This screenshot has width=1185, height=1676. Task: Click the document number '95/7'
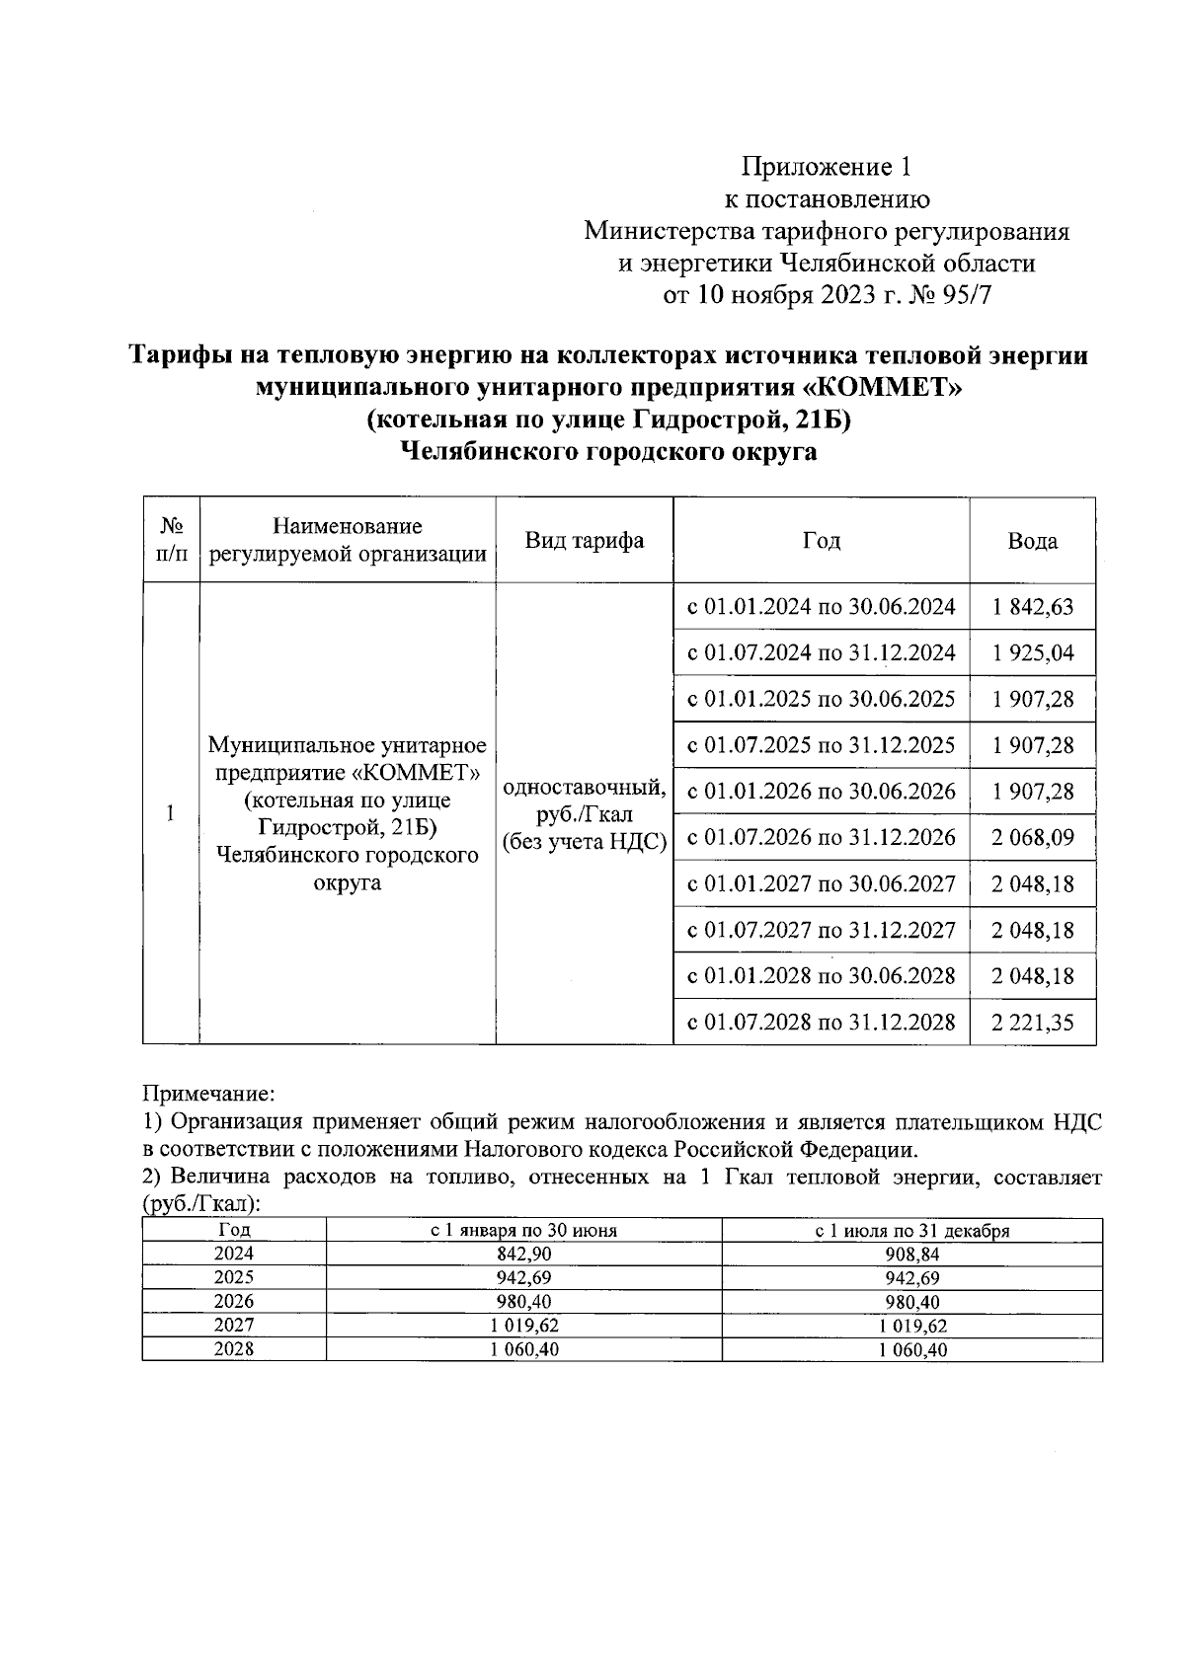965,295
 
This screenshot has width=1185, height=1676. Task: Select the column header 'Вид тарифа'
584,540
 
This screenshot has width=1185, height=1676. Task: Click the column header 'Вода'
1032,541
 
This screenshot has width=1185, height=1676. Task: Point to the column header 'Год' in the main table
821,540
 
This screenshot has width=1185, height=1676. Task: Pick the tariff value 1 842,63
1033,606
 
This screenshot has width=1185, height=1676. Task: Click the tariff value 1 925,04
1033,652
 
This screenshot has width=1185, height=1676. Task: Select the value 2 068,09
1033,838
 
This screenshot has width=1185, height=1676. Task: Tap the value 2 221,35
1033,1023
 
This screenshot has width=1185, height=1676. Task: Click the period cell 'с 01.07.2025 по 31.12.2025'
821,745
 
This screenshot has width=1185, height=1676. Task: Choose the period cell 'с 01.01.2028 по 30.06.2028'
821,976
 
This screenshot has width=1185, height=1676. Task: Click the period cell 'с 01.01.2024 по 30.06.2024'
821,606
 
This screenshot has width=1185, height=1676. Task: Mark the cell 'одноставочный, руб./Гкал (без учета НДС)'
584,814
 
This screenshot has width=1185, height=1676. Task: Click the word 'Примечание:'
208,1094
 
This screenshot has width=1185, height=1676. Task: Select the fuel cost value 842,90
523,1254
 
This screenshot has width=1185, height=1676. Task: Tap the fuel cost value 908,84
911,1254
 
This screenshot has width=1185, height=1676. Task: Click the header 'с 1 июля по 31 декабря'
911,1231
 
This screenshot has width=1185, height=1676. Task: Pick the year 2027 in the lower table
234,1326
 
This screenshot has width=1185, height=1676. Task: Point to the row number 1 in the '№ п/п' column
171,814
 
